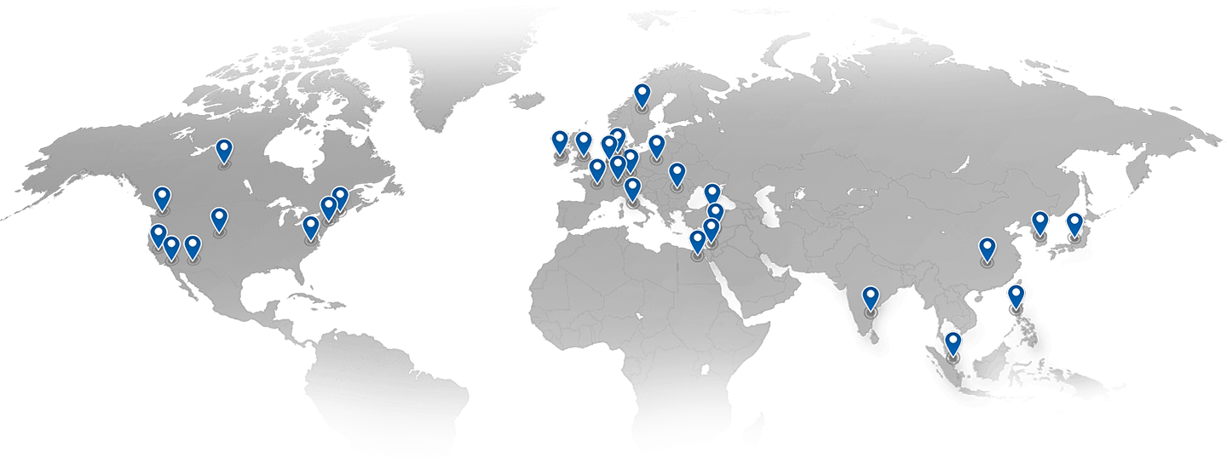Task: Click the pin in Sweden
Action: [x=642, y=95]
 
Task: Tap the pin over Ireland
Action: [x=560, y=141]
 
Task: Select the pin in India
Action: [x=870, y=298]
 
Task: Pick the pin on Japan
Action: [x=1074, y=224]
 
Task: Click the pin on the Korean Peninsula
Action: [x=1040, y=222]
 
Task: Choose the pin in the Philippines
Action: [x=1016, y=296]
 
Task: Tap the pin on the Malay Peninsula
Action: [x=953, y=343]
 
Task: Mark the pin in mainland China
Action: [x=987, y=249]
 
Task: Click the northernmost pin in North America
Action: [x=223, y=151]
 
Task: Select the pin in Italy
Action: [x=632, y=189]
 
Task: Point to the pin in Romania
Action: [x=677, y=175]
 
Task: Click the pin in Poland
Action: [x=656, y=146]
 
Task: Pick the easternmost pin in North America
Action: [x=340, y=198]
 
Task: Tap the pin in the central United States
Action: [x=219, y=219]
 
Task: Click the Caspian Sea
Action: [x=771, y=204]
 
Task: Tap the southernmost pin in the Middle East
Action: [x=697, y=242]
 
